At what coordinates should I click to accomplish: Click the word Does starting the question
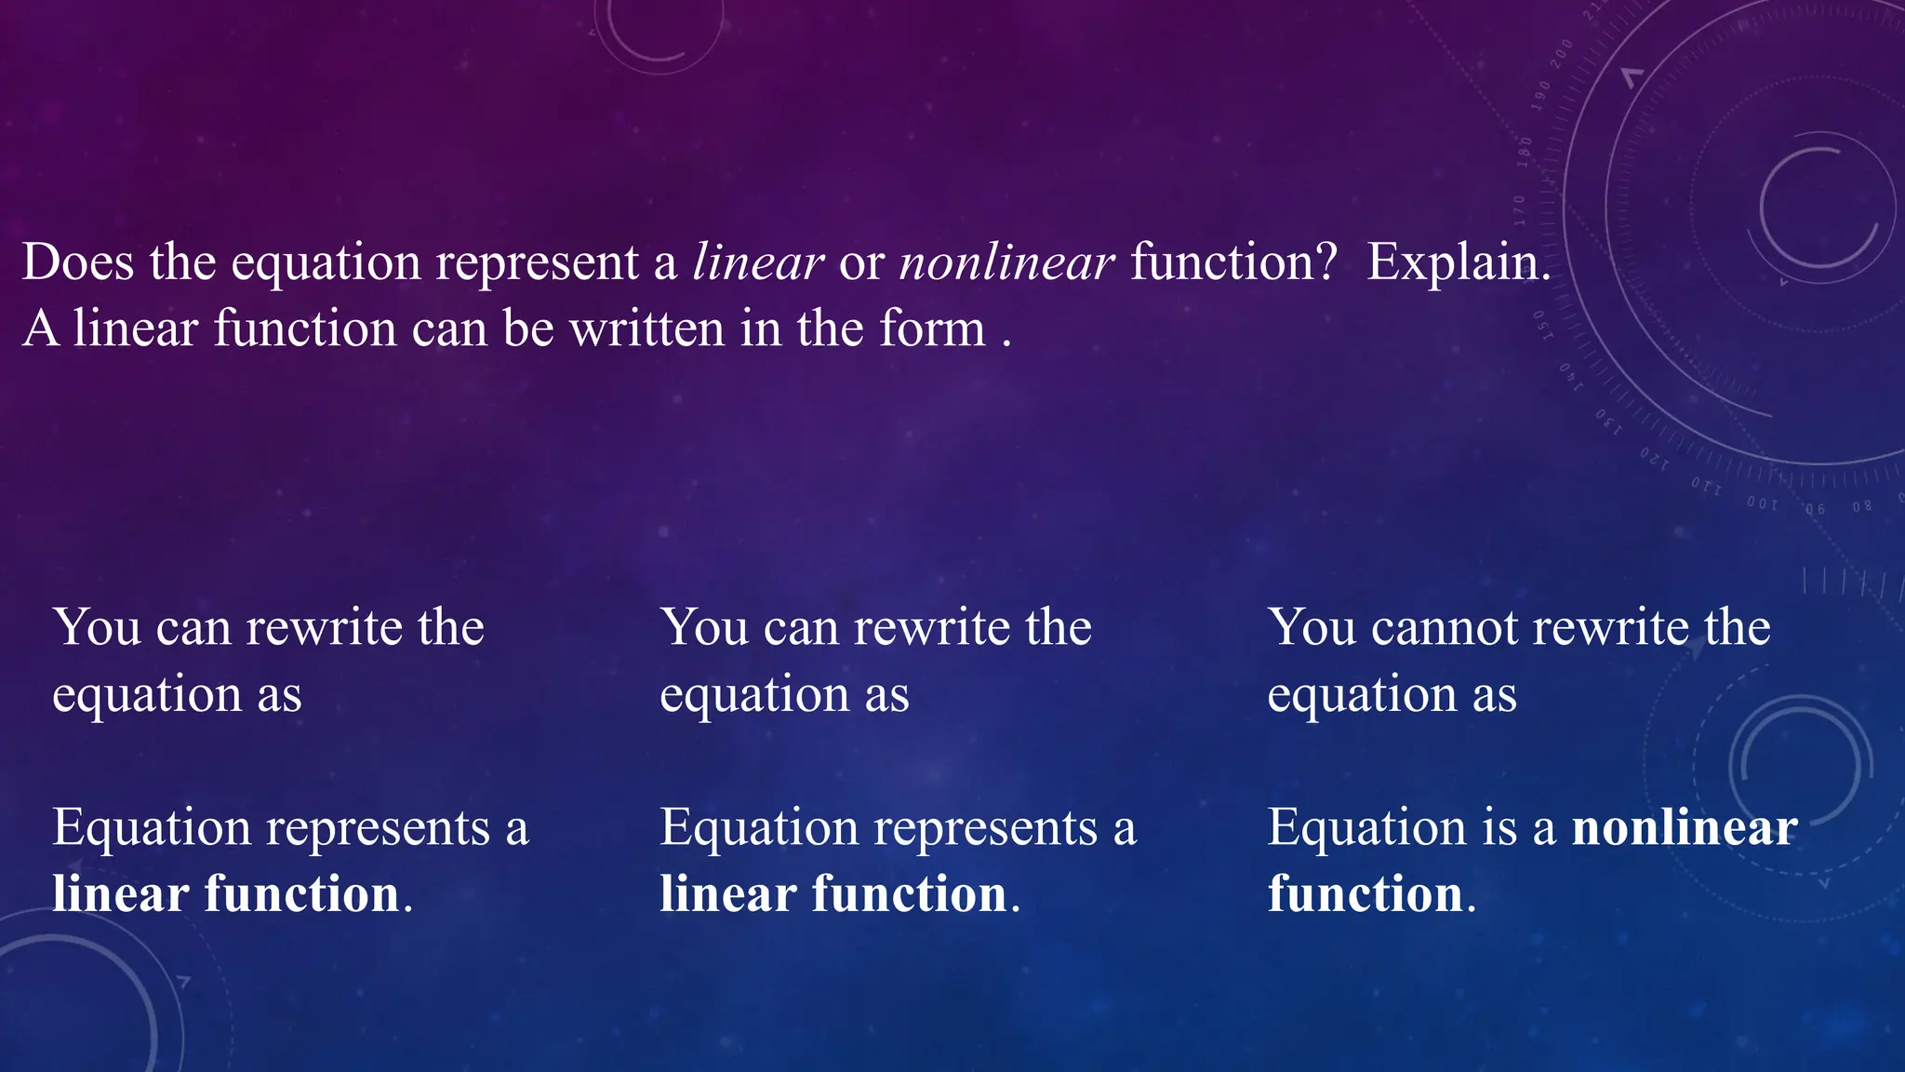(x=78, y=261)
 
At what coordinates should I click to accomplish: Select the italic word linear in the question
(x=758, y=261)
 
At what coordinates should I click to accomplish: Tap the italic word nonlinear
(x=1006, y=261)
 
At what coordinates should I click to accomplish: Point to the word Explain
(x=1459, y=261)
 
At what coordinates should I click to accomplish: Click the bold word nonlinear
(x=1685, y=826)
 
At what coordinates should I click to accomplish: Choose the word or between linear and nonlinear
(x=860, y=263)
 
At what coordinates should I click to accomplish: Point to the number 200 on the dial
(x=1562, y=53)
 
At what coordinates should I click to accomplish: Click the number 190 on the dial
(x=1542, y=96)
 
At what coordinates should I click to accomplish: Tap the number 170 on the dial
(x=1519, y=210)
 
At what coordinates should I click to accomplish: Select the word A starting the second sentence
(x=41, y=328)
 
